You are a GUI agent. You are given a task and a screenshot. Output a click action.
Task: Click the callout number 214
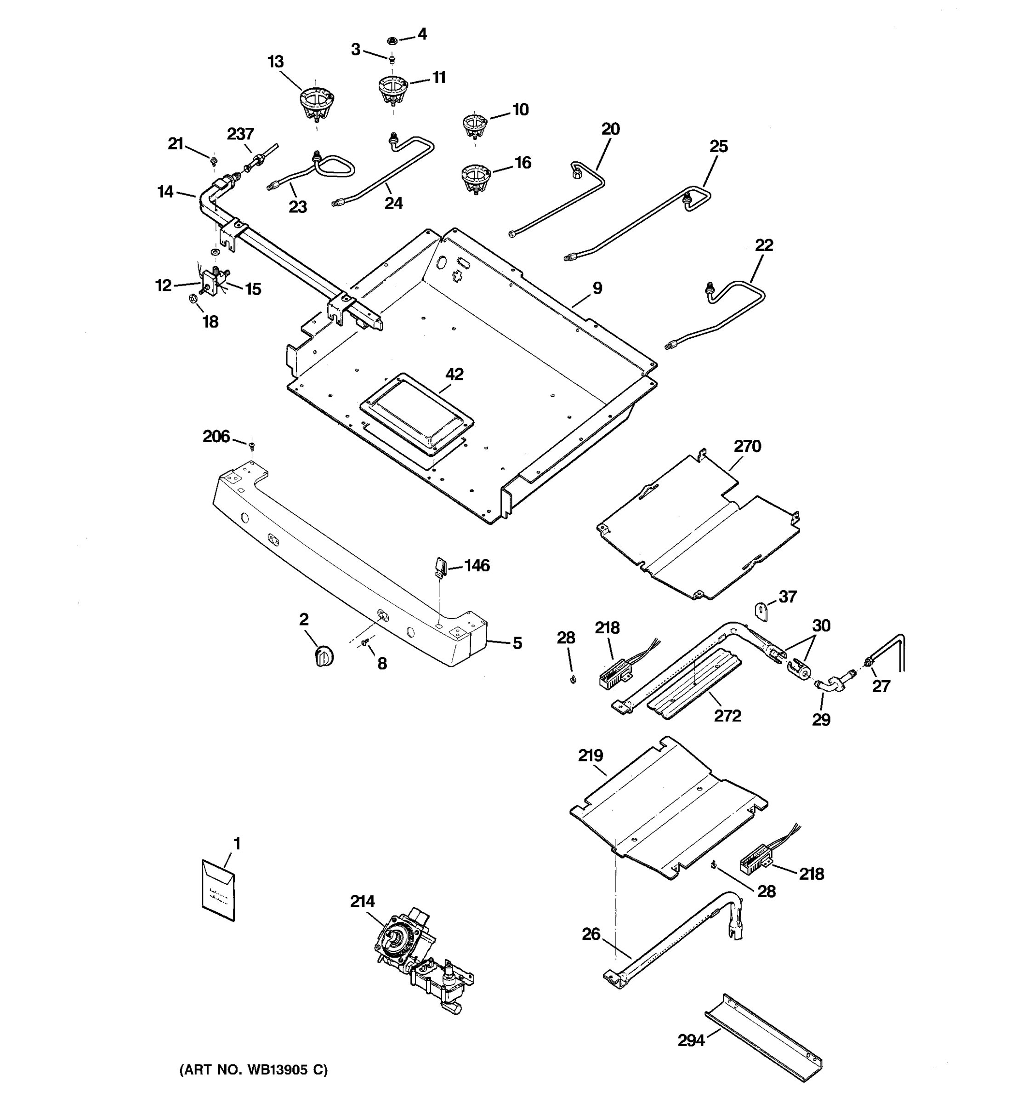tap(362, 901)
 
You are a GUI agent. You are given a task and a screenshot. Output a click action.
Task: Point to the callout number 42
tap(455, 375)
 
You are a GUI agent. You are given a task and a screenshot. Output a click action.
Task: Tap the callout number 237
tap(240, 134)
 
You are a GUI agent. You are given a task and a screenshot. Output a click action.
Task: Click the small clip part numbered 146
tap(440, 568)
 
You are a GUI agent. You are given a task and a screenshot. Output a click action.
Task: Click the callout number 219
tap(590, 755)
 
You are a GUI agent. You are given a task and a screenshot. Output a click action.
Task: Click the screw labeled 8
tap(365, 642)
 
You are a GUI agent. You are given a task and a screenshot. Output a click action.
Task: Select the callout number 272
tap(727, 715)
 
